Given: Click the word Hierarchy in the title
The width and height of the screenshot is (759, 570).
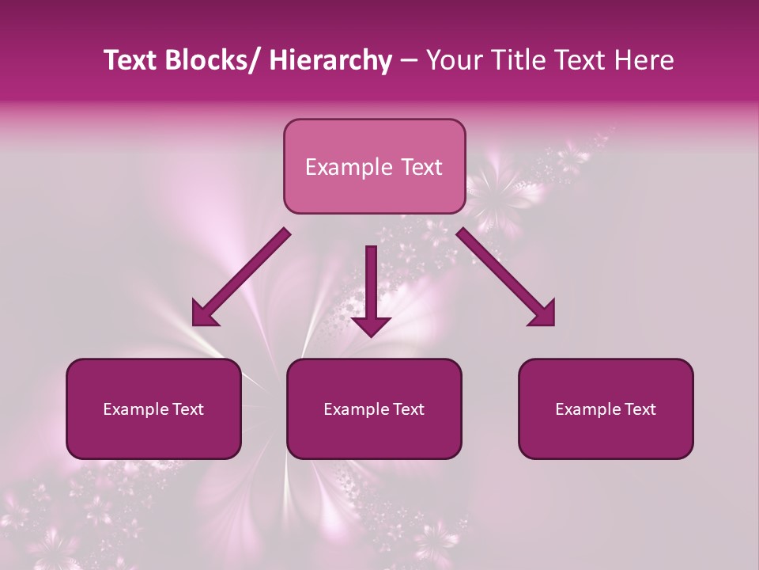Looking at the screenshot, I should [330, 61].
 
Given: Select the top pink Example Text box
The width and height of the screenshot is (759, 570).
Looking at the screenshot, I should [374, 166].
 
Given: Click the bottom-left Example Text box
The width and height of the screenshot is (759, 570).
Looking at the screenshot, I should [153, 408].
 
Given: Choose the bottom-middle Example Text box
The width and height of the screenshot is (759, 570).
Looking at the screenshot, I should [374, 408].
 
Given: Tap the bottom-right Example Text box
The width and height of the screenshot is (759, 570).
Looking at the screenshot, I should [606, 408].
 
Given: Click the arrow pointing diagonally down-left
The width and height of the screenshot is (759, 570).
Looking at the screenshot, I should [241, 277].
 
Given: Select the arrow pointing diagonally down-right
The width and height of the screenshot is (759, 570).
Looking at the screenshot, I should [506, 277].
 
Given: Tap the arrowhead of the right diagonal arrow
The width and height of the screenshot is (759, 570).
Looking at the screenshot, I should [544, 315].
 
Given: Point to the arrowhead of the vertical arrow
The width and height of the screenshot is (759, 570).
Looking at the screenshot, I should [372, 325].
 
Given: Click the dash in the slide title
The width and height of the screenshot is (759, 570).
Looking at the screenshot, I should [409, 61].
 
